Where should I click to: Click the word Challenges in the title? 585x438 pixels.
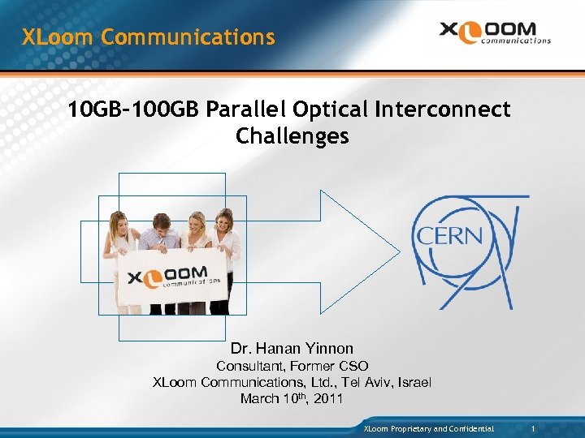coord(292,136)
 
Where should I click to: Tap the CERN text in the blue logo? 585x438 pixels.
coord(449,237)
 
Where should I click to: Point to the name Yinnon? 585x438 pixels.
coord(323,349)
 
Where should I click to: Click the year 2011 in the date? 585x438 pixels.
coord(327,399)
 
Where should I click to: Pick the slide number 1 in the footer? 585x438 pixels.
coord(532,427)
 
